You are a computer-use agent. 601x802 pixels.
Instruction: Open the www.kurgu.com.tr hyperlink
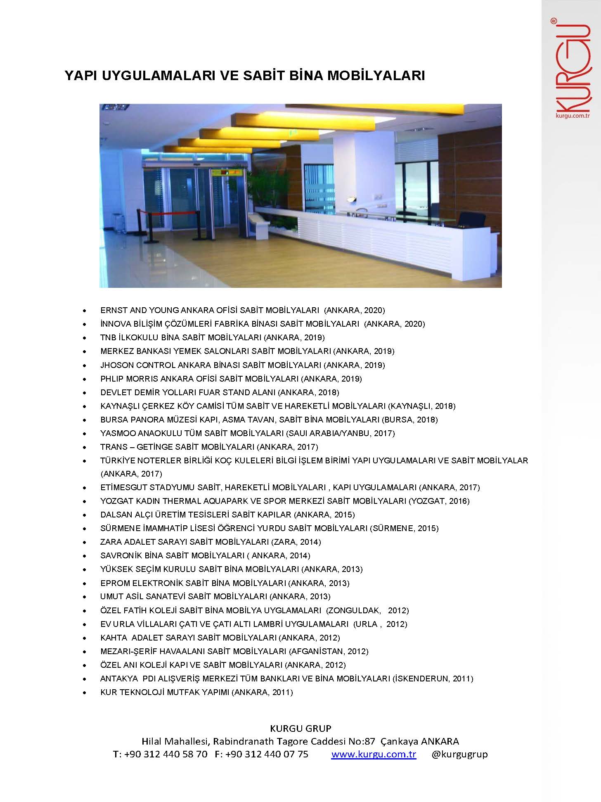tap(374, 754)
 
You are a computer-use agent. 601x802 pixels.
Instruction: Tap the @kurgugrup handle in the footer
tap(459, 754)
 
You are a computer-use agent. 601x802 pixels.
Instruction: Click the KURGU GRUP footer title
tap(300, 728)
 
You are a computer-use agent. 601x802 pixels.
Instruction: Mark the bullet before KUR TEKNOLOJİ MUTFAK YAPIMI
tap(85, 693)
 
